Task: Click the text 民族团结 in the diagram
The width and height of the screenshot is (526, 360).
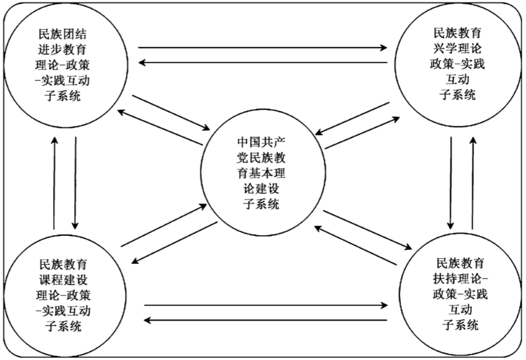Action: (x=66, y=35)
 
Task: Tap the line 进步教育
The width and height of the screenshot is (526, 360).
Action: (x=66, y=50)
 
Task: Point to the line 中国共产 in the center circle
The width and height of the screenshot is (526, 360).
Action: (x=261, y=142)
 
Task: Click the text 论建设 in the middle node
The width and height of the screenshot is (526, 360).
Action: (x=261, y=189)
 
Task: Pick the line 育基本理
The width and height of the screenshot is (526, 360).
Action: (x=261, y=174)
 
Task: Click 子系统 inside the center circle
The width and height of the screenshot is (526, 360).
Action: (x=261, y=205)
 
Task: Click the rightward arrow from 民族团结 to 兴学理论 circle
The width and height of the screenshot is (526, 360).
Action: (x=262, y=48)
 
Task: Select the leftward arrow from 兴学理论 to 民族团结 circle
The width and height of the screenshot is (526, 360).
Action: (x=262, y=62)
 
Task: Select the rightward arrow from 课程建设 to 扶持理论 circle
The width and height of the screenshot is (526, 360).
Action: (x=265, y=306)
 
